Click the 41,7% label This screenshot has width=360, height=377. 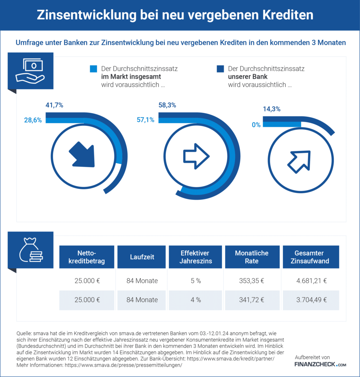pyautogui.click(x=54, y=105)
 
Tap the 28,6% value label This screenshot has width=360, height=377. pyautogui.click(x=32, y=120)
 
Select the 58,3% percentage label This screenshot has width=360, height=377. pyautogui.click(x=167, y=105)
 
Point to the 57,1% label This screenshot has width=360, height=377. pyautogui.click(x=145, y=120)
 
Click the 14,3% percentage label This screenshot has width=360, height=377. pyautogui.click(x=272, y=109)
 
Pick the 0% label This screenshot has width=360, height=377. pyautogui.click(x=256, y=125)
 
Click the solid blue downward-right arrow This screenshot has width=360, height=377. pyautogui.click(x=81, y=155)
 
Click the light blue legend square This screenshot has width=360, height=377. pyautogui.click(x=94, y=69)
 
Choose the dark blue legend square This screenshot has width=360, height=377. pyautogui.click(x=220, y=69)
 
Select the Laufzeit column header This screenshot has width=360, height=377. pyautogui.click(x=142, y=257)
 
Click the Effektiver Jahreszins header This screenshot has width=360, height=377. pyautogui.click(x=195, y=257)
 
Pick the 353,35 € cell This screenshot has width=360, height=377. pyautogui.click(x=252, y=281)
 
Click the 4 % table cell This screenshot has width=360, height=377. pyautogui.click(x=196, y=300)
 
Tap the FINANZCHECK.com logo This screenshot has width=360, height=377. pyautogui.click(x=320, y=364)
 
